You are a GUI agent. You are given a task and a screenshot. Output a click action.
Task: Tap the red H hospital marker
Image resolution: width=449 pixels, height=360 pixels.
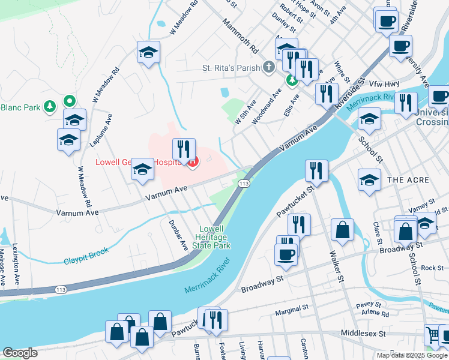pyautogui.click(x=193, y=162)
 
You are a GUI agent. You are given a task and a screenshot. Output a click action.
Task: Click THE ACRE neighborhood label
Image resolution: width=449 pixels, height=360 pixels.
pyautogui.click(x=408, y=180)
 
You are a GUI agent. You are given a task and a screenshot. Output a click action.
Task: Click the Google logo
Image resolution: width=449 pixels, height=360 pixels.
pyautogui.click(x=20, y=353)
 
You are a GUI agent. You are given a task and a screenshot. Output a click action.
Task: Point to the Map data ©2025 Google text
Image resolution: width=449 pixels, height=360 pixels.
pyautogui.click(x=411, y=355)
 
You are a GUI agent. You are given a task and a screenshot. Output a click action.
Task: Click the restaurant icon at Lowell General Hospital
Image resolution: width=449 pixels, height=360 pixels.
pyautogui.click(x=183, y=149)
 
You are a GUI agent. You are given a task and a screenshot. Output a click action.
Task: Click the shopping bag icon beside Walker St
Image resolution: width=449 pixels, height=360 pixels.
pyautogui.click(x=342, y=230)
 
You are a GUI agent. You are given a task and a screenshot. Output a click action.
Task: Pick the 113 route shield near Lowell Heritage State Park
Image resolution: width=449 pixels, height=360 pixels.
pyautogui.click(x=244, y=183)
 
